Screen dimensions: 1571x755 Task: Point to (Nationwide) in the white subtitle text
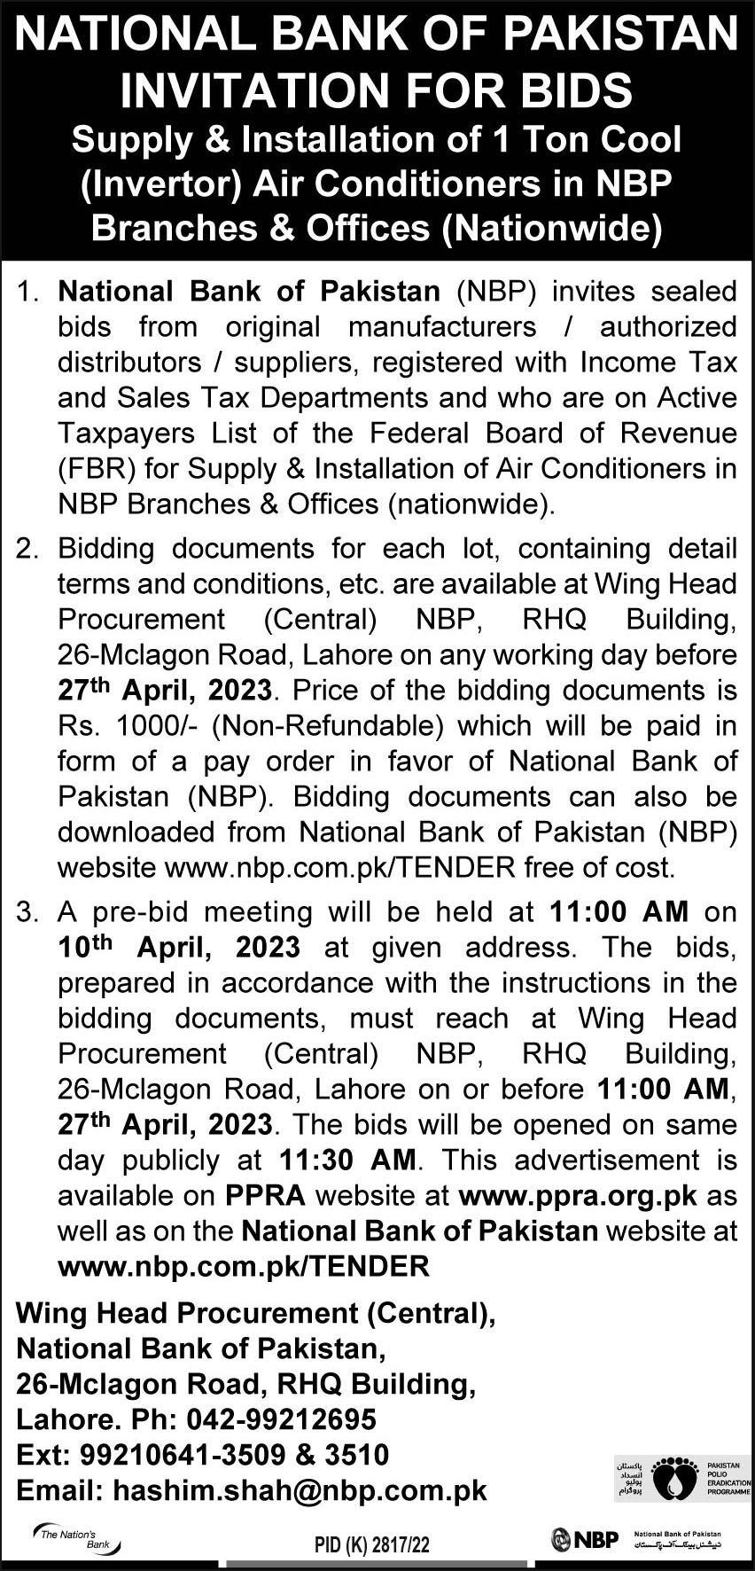(551, 228)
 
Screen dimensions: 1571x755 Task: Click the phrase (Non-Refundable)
(328, 726)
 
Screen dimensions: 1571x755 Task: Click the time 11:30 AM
(347, 1160)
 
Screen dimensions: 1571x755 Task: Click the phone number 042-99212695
(282, 1419)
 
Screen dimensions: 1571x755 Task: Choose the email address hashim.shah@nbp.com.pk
(300, 1490)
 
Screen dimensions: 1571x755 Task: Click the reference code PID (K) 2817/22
(372, 1544)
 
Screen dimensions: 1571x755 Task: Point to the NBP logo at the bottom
(585, 1538)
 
